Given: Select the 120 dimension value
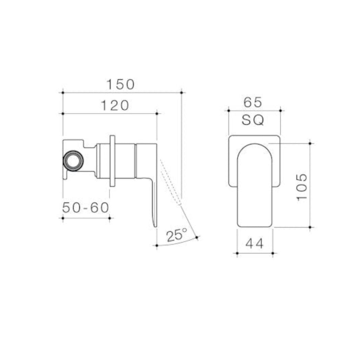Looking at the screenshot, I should [x=115, y=105].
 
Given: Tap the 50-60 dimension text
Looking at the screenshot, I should [x=86, y=208].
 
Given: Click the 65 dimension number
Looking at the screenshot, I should [x=253, y=102].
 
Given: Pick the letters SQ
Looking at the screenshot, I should [x=253, y=121].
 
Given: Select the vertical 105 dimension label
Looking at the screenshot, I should [x=302, y=186].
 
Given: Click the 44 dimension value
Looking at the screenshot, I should [x=255, y=244].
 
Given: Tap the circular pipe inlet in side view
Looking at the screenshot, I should [x=73, y=161].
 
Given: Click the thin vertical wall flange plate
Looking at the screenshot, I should [x=112, y=161].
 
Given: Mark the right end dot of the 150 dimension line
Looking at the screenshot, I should [x=181, y=92].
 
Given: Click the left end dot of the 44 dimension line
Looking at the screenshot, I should [x=237, y=253].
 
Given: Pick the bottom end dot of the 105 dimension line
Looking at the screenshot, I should [x=310, y=227].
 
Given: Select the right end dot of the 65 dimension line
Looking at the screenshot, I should [x=280, y=110].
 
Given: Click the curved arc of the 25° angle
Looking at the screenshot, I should [x=178, y=243].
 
